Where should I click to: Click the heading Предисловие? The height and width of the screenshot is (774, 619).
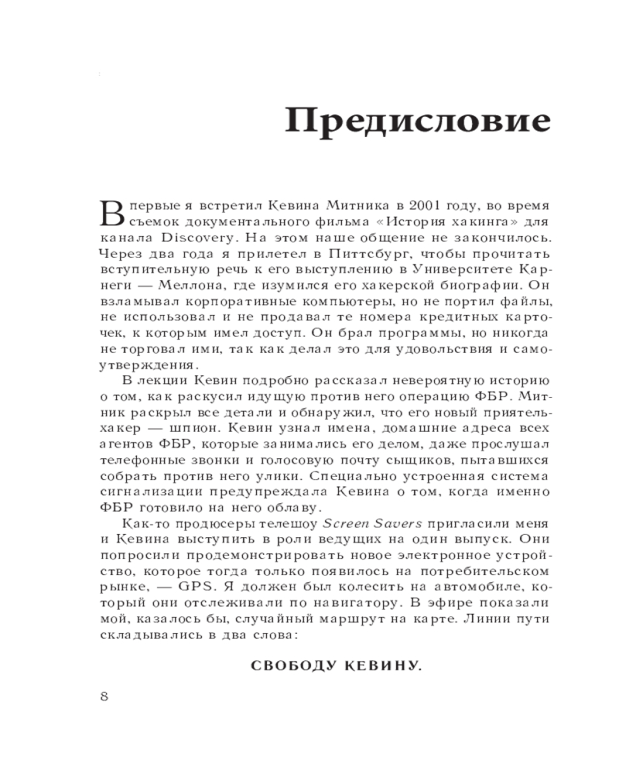(x=418, y=122)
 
